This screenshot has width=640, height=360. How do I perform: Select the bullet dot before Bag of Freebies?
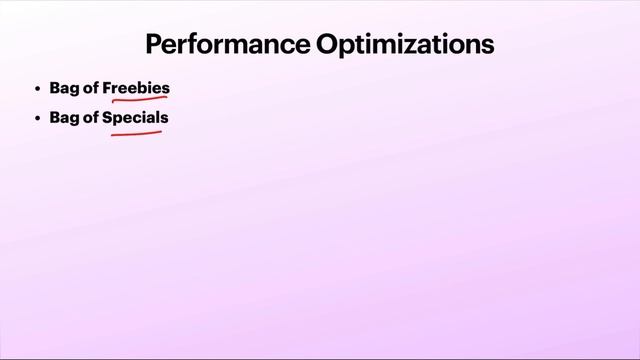tap(37, 89)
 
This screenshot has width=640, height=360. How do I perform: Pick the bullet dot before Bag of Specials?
tap(37, 118)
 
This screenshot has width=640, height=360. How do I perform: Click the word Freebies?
tap(136, 88)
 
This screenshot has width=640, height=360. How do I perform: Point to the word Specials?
tap(135, 117)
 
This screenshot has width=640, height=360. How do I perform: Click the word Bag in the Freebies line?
tap(64, 88)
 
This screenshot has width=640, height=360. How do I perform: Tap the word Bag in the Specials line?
tap(64, 117)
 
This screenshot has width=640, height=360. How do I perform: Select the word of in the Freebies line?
tap(91, 88)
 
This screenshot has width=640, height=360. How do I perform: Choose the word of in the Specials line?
tap(91, 117)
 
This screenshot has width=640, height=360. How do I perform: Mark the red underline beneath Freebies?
tap(138, 100)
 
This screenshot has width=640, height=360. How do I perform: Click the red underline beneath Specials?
tap(137, 130)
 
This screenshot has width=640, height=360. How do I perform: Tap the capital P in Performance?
tap(154, 45)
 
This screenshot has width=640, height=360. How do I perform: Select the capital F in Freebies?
tap(107, 88)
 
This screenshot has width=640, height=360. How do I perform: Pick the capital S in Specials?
tap(107, 117)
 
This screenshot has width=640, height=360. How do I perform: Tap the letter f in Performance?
tap(204, 45)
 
